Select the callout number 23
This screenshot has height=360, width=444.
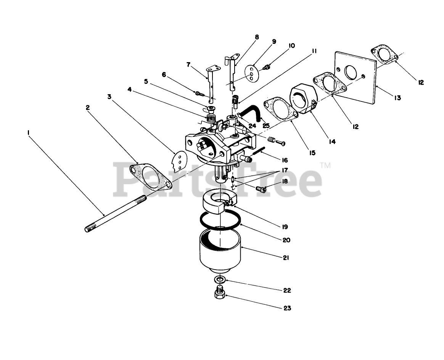coord(287,308)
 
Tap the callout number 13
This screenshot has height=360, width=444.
coord(397,98)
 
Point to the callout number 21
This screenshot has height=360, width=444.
coord(286,258)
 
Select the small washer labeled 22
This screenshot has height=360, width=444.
coord(219,279)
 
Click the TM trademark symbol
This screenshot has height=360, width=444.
coord(325,166)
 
